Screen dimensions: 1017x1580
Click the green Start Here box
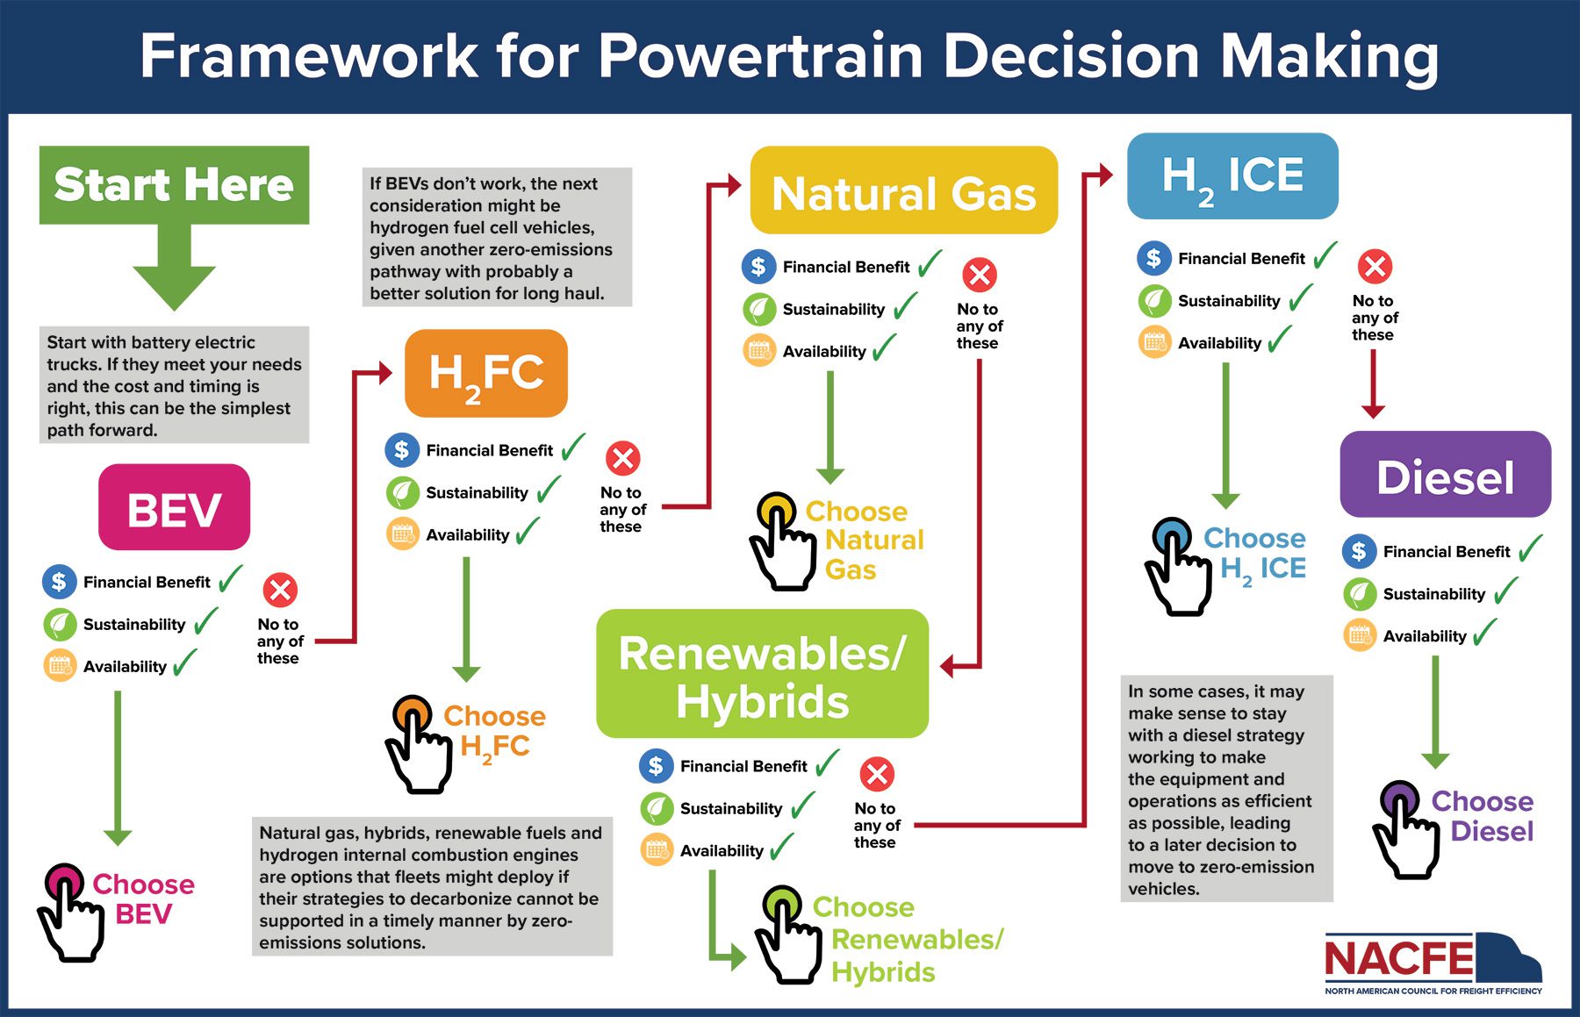coord(174,184)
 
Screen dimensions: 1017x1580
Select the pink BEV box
coord(174,508)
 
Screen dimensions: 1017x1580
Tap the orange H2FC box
coord(485,373)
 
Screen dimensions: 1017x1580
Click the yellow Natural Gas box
coord(903,190)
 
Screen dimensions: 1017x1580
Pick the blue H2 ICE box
coord(1232,176)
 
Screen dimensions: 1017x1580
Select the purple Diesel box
coord(1445,475)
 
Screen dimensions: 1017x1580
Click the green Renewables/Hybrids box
coord(762,674)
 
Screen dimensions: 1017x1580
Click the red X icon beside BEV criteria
coord(280,591)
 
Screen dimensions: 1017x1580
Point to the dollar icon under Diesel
coord(1359,551)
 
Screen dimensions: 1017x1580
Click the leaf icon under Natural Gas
coord(758,309)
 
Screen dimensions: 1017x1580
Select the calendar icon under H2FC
coord(402,534)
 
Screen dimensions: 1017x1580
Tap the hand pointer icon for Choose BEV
coord(70,914)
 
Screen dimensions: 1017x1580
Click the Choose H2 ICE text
coord(1256,553)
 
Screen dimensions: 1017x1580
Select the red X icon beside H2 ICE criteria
coord(1375,267)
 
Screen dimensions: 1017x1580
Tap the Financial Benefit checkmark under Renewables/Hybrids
coord(827,763)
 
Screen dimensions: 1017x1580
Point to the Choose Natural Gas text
coord(864,540)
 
